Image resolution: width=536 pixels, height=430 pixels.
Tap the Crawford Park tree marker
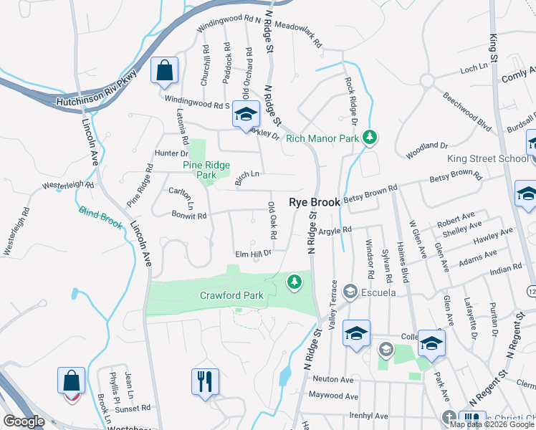pyautogui.click(x=293, y=282)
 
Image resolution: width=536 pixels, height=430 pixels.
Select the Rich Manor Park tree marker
pyautogui.click(x=369, y=137)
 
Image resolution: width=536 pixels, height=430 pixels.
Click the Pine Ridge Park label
pyautogui.click(x=206, y=170)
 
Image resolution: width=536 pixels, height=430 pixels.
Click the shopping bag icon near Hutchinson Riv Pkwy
pyautogui.click(x=164, y=71)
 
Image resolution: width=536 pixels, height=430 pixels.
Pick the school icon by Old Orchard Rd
pyautogui.click(x=246, y=115)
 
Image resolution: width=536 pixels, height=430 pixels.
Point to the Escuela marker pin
pyautogui.click(x=350, y=291)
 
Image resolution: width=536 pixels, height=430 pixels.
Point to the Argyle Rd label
pyautogui.click(x=335, y=230)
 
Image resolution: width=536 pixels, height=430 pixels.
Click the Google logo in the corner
pyautogui.click(x=24, y=421)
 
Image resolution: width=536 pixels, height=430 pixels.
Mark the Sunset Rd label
pyautogui.click(x=135, y=407)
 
